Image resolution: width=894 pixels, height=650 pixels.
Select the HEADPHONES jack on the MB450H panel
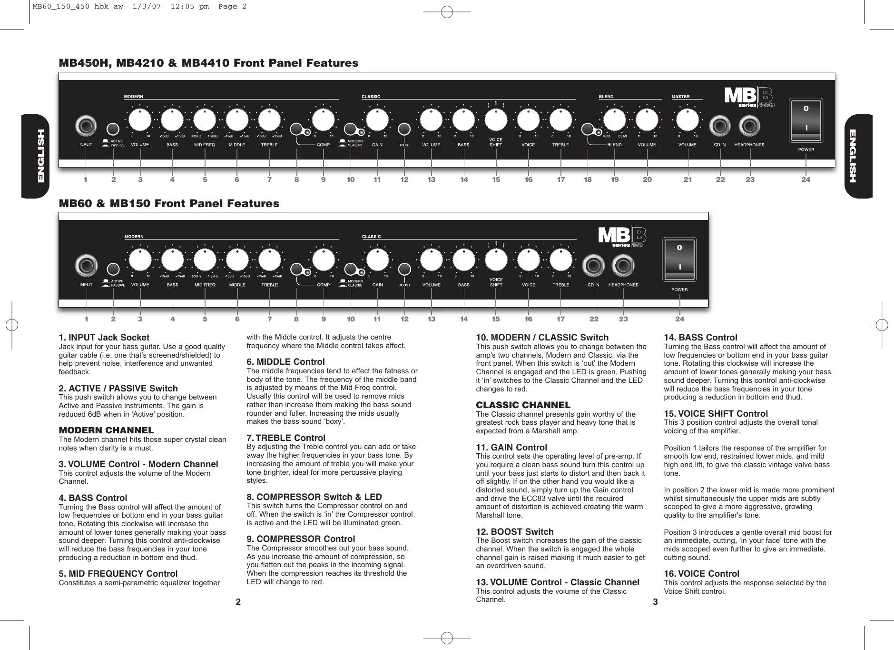click(749, 126)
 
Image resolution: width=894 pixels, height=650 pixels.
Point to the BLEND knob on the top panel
click(614, 120)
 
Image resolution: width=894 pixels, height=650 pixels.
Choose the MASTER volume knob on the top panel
click(687, 120)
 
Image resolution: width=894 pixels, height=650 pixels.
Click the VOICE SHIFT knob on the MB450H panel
click(496, 120)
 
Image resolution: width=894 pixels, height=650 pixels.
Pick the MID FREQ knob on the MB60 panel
click(205, 260)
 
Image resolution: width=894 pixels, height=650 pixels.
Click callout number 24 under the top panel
click(806, 180)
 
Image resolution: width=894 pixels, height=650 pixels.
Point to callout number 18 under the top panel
click(588, 180)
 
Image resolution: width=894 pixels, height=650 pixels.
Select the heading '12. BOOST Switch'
click(515, 531)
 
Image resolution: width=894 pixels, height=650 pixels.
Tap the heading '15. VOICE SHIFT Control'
click(716, 413)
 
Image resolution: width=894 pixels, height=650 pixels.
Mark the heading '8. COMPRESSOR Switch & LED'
click(314, 497)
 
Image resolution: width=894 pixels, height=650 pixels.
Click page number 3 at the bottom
click(655, 602)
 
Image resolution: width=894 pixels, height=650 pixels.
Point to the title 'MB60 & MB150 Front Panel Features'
click(168, 203)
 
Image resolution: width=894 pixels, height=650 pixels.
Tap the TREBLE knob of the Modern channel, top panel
click(269, 120)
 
